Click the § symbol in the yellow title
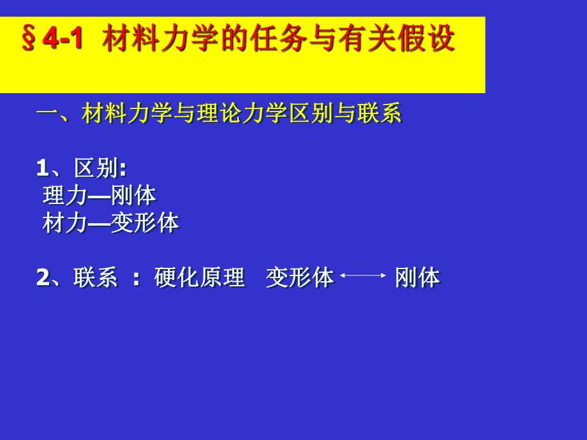(29, 40)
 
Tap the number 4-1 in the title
(63, 40)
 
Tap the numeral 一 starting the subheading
(47, 114)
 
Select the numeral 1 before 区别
(42, 168)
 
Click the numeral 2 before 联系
(42, 277)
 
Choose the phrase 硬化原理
(200, 277)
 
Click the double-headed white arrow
(363, 276)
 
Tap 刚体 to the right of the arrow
(417, 277)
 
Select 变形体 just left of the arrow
(299, 277)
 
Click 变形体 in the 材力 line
(145, 223)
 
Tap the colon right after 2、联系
(136, 279)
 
